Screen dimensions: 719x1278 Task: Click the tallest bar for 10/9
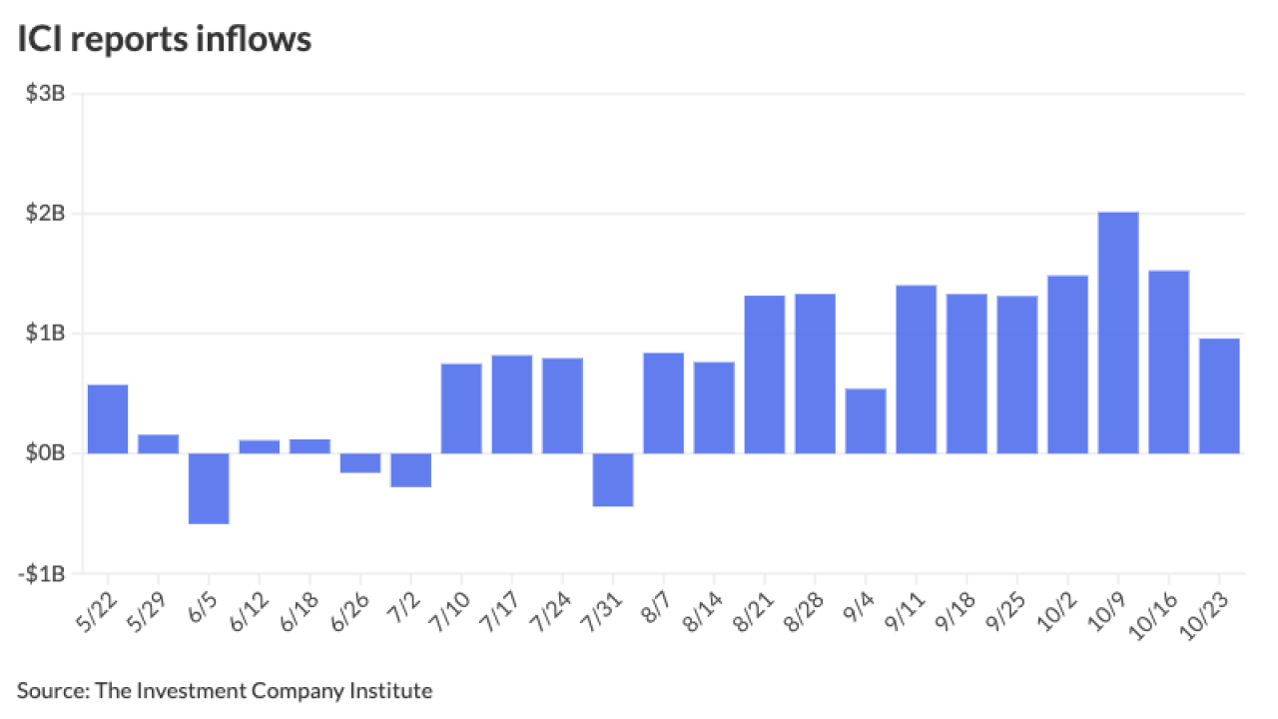tap(1118, 333)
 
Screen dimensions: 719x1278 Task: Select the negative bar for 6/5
tap(209, 488)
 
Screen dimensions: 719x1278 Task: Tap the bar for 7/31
tap(613, 480)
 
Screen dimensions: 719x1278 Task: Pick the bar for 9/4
tap(866, 420)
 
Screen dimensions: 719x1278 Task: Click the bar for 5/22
tap(108, 418)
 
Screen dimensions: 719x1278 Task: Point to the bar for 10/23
tap(1219, 395)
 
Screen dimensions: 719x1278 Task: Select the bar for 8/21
tap(765, 374)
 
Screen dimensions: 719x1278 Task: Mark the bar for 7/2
tap(410, 470)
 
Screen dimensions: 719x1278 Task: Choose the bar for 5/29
tap(158, 443)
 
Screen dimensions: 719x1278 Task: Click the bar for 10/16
tap(1168, 361)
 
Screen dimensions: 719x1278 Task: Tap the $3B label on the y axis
tap(46, 94)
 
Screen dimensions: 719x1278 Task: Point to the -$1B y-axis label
tap(43, 574)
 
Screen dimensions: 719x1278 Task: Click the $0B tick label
tap(46, 453)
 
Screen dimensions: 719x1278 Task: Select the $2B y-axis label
tap(46, 214)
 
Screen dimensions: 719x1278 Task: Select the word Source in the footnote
tap(48, 690)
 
